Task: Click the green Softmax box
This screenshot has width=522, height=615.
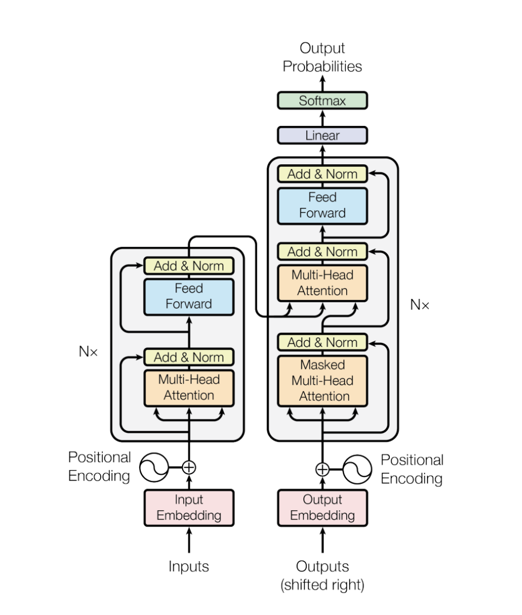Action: tap(322, 101)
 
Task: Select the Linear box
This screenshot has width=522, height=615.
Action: tap(322, 136)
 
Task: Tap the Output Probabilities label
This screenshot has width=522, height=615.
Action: tap(322, 57)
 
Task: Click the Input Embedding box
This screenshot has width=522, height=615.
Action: tap(189, 507)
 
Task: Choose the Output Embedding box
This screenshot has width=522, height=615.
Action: tap(322, 507)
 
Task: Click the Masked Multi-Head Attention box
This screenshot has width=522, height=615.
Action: tap(322, 381)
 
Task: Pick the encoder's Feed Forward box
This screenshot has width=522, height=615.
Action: tap(189, 296)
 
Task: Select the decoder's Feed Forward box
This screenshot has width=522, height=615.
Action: tap(322, 205)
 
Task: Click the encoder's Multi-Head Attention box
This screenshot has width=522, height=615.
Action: tap(189, 387)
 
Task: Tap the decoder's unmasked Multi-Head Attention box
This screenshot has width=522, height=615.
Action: tap(322, 283)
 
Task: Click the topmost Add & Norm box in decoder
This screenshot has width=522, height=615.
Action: tap(322, 174)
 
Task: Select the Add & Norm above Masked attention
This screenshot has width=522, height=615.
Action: tap(322, 342)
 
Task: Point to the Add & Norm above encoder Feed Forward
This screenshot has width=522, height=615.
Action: tap(189, 266)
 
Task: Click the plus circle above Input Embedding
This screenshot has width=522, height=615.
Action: tap(189, 468)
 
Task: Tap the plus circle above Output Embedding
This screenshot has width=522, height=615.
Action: tap(322, 470)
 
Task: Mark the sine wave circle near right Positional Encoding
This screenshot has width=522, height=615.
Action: tap(358, 470)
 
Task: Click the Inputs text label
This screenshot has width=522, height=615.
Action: tap(189, 567)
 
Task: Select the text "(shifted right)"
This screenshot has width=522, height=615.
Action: tap(322, 585)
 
